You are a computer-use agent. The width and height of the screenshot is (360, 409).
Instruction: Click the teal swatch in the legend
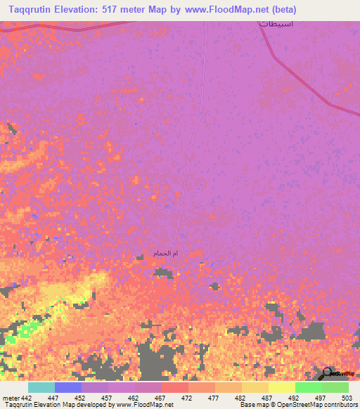click(41, 387)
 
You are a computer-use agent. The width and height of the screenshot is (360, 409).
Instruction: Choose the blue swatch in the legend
click(68, 387)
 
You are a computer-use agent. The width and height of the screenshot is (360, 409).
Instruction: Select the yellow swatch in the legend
click(282, 387)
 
